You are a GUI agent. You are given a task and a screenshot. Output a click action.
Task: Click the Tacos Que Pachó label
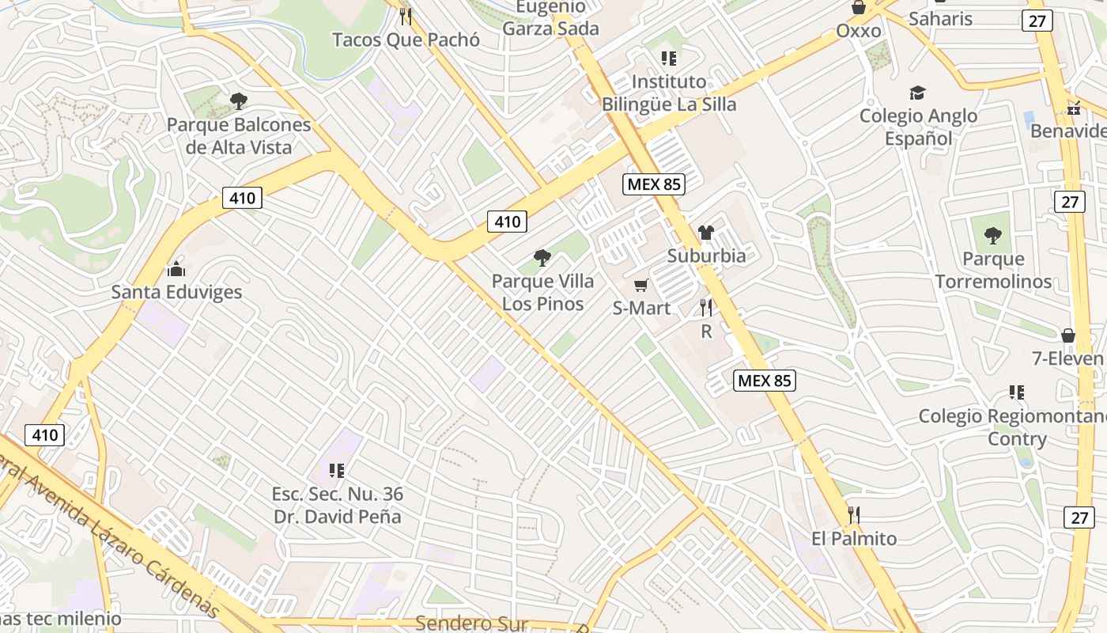[406, 40]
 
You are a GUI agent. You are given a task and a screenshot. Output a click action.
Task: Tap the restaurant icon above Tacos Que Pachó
[406, 16]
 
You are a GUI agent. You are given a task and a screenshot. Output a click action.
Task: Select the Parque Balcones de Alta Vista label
[239, 136]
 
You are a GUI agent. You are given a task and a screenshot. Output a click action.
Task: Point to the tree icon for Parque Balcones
[238, 101]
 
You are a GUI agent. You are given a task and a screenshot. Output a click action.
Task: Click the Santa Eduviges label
[176, 292]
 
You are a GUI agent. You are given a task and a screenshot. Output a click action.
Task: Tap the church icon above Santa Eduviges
[176, 269]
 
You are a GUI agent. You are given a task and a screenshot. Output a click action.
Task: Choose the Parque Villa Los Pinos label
[542, 292]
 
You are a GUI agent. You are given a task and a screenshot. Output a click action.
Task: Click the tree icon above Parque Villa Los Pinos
[542, 257]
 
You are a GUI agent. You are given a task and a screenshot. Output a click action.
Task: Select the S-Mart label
[641, 308]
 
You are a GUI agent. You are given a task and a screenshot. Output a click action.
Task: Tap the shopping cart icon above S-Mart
[640, 285]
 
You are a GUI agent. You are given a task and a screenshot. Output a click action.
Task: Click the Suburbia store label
[706, 256]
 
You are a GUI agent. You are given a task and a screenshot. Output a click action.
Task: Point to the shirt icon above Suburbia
[706, 233]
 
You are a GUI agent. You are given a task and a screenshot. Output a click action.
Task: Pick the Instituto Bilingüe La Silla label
[669, 93]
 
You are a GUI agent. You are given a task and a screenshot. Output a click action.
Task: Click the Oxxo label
[859, 31]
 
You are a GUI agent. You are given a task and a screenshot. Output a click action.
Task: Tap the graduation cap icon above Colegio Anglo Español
[917, 93]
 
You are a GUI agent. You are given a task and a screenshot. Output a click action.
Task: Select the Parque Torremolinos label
[994, 270]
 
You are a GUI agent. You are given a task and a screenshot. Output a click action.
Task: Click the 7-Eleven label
[1067, 358]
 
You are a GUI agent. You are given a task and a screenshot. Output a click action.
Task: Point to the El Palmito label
[854, 539]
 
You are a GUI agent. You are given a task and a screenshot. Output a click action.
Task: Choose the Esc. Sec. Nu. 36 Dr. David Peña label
[338, 506]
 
